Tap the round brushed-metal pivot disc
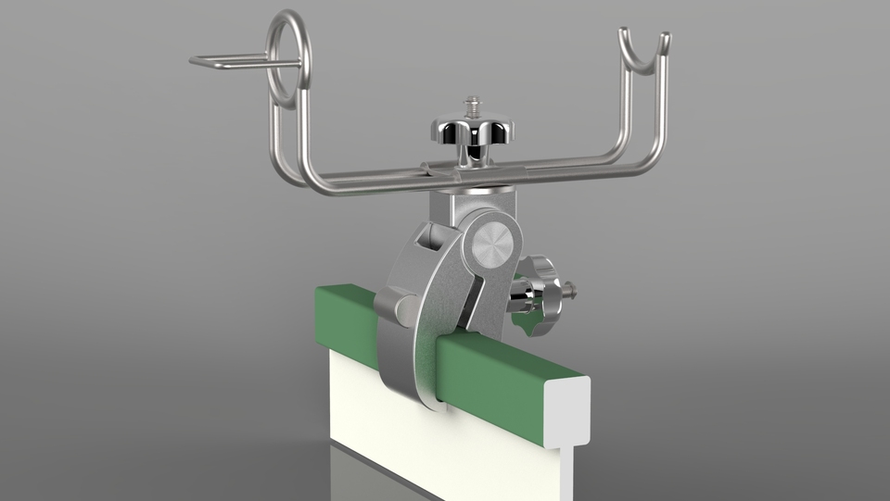489,245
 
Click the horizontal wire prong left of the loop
232,62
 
